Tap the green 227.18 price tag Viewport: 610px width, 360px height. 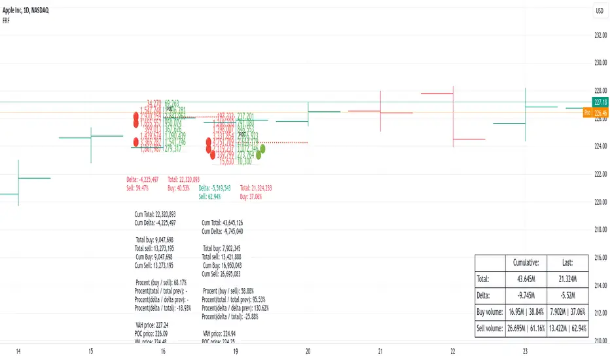click(x=600, y=102)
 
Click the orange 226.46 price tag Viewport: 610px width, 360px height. click(x=600, y=113)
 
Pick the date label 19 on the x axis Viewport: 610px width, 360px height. click(x=235, y=352)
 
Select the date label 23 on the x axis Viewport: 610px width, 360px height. click(x=526, y=352)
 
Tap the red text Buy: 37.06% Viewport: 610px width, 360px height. click(x=253, y=196)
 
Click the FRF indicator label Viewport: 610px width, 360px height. click(x=9, y=20)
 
